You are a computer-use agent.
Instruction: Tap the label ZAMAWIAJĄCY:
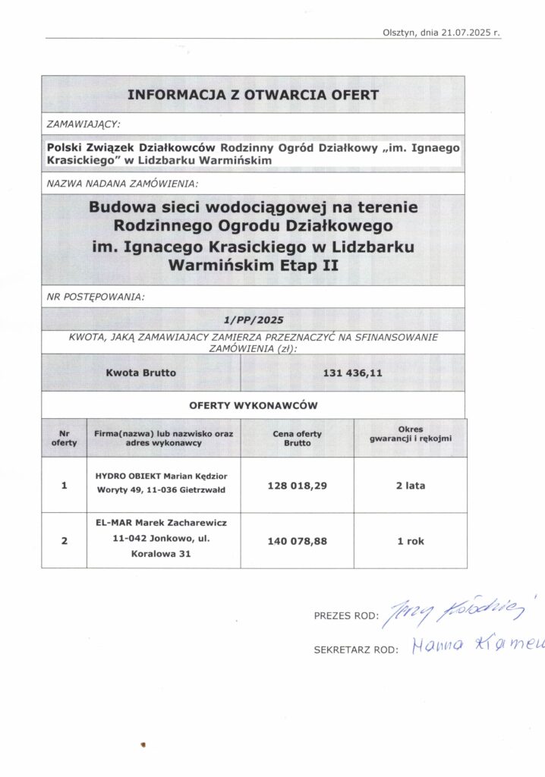pos(84,122)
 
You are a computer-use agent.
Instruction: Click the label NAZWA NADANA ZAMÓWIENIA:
pos(122,184)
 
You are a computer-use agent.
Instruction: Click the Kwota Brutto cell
pos(141,373)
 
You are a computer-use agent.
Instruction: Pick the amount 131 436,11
pos(351,373)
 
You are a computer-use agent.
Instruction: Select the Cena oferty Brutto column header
pos(297,438)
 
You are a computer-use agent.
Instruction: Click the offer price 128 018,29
pos(297,486)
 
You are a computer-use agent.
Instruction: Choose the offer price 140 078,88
pos(297,542)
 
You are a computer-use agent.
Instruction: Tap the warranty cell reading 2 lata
pos(410,486)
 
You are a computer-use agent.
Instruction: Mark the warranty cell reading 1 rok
pos(410,542)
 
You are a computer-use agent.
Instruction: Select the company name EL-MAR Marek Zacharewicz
pos(161,524)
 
